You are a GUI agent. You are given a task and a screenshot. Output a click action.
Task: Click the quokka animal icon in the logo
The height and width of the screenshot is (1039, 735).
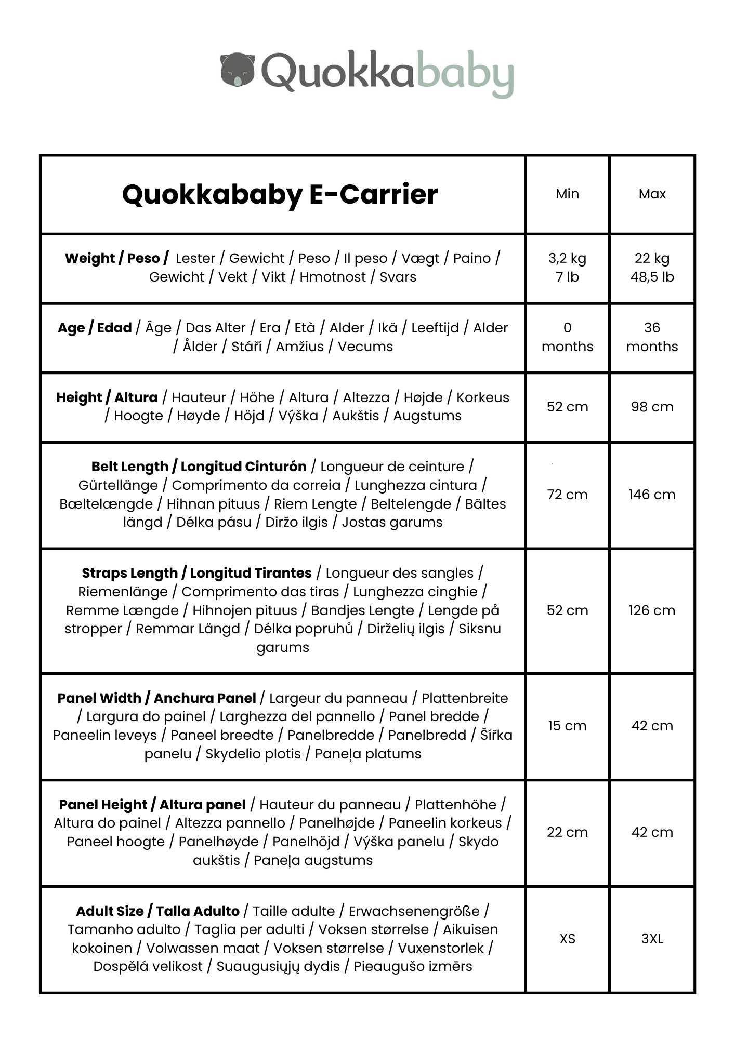point(238,69)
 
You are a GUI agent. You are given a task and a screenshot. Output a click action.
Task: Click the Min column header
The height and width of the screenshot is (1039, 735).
point(567,194)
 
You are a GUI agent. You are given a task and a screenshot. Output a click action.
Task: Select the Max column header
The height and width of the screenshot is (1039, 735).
point(652,194)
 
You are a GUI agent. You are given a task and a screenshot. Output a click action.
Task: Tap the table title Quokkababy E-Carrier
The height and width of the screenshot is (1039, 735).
point(280,194)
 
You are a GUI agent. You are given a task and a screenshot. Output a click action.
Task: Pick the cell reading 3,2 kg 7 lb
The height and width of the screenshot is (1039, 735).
point(567,268)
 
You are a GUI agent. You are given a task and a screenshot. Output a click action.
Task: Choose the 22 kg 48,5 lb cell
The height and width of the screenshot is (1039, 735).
point(652,268)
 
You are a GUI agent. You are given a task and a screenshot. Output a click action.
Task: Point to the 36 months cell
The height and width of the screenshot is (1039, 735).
point(652,337)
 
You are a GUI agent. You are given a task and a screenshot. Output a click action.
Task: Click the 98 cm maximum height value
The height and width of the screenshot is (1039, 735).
point(652,407)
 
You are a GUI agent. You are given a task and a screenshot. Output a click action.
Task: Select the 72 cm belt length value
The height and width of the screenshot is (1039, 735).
point(567,495)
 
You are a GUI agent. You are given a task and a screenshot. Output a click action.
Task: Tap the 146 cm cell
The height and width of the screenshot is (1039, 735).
point(652,495)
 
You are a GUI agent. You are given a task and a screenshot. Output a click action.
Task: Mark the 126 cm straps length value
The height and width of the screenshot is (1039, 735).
point(652,610)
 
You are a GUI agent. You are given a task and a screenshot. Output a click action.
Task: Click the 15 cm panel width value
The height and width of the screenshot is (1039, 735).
point(567,726)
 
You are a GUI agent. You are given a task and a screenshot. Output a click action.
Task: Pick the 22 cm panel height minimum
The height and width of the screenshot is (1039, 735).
point(567,832)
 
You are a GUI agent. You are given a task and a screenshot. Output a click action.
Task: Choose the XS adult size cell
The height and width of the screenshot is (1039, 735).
point(567,939)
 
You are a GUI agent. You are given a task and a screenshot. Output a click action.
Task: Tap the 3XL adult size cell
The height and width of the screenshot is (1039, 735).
point(652,939)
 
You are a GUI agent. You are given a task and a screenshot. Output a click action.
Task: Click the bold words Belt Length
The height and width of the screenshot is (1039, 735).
point(130,467)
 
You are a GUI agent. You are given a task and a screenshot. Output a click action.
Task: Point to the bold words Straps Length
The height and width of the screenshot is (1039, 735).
point(129,573)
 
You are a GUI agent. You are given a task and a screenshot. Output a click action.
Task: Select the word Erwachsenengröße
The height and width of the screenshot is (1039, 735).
point(414,911)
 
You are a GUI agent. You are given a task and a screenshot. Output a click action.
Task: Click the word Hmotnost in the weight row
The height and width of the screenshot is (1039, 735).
point(333,277)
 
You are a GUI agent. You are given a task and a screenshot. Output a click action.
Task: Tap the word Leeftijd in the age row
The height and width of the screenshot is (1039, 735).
point(435,328)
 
